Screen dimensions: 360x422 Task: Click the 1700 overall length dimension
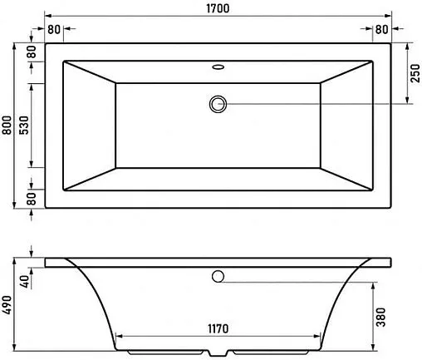point(219,8)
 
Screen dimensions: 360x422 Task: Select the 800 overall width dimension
point(7,125)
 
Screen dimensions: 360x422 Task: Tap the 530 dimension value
point(25,125)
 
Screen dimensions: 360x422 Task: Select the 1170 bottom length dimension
point(218,329)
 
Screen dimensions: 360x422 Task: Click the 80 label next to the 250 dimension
point(381,30)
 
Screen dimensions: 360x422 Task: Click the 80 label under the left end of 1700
point(55,30)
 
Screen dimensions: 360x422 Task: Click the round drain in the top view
point(218,103)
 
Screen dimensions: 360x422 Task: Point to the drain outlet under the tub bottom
point(218,352)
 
